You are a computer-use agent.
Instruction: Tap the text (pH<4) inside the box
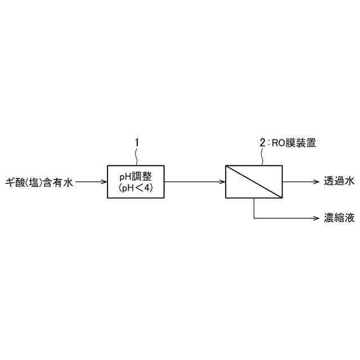(136, 188)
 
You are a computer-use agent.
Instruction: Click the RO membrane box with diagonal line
(254, 182)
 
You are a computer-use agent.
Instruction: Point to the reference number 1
(136, 143)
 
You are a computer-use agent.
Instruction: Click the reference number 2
(262, 143)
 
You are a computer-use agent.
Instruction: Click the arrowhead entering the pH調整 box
(104, 182)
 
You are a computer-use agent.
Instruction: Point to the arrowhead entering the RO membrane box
(222, 182)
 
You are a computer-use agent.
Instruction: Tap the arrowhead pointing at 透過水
(316, 182)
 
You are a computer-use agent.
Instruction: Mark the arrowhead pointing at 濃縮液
(316, 218)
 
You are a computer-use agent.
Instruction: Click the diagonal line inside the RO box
(254, 182)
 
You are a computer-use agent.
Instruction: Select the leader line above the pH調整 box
(136, 157)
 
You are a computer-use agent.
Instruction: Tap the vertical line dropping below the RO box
(254, 208)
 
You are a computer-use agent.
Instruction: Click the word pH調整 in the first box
(136, 175)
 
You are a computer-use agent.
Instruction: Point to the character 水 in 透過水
(349, 182)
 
